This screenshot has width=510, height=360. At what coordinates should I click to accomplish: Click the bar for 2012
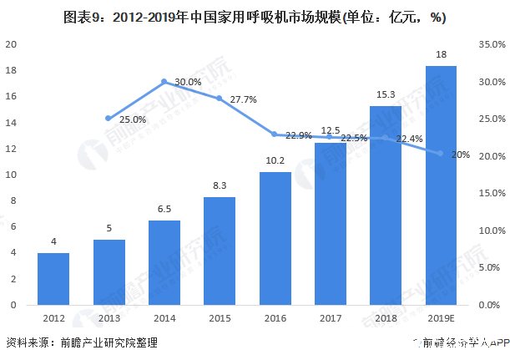(x=53, y=279)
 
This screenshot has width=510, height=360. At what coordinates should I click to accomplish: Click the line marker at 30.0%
(x=164, y=82)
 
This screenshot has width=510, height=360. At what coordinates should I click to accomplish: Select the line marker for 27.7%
(x=220, y=99)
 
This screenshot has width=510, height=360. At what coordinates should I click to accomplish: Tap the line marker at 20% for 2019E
(x=441, y=154)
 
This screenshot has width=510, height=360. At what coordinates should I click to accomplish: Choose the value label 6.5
(x=164, y=210)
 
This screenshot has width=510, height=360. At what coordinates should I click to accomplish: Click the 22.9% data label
(x=298, y=135)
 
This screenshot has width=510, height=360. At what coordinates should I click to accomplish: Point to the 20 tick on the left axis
(x=12, y=45)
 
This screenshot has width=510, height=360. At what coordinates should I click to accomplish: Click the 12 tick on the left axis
(x=12, y=149)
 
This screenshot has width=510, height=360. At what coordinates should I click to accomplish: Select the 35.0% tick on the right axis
(x=491, y=45)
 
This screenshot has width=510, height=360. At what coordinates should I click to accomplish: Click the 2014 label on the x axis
(x=164, y=318)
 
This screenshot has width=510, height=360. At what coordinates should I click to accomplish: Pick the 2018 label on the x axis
(x=386, y=318)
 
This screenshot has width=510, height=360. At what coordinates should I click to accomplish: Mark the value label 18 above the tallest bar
(x=441, y=55)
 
